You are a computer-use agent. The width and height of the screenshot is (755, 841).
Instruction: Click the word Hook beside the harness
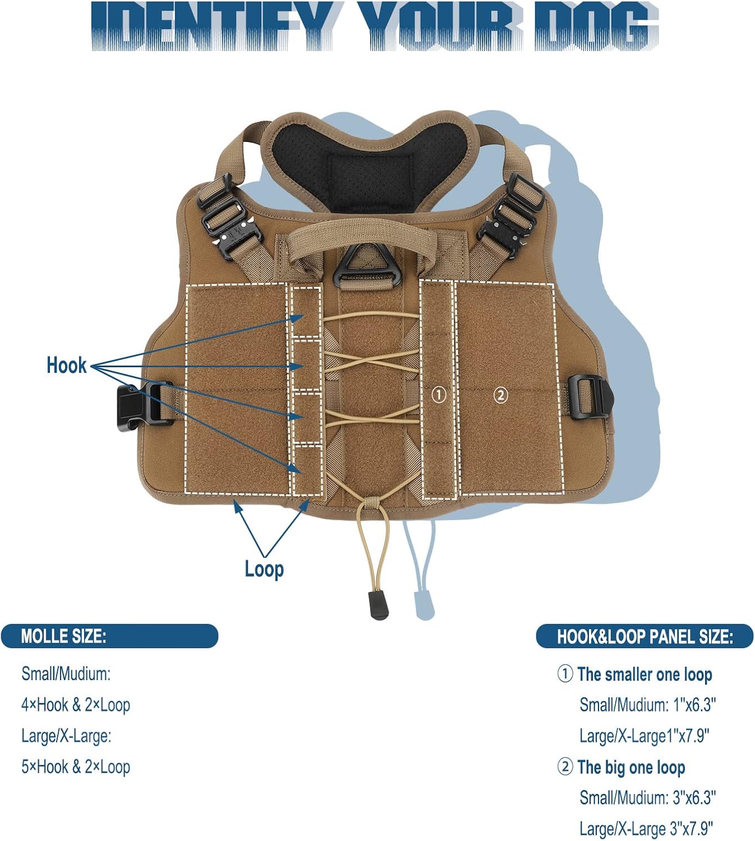click(66, 365)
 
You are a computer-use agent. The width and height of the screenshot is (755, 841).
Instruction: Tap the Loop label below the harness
click(264, 569)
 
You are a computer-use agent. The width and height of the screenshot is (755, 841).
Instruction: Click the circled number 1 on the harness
click(439, 395)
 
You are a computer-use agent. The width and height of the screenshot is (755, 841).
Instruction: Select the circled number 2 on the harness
click(500, 395)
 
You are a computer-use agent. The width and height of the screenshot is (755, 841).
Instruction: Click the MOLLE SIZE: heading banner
click(109, 636)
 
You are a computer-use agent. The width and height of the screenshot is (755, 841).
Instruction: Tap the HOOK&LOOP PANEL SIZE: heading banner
click(644, 636)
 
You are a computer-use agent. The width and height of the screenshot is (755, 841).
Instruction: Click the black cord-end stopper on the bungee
click(380, 606)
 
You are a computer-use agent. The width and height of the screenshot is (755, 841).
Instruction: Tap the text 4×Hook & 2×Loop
click(76, 705)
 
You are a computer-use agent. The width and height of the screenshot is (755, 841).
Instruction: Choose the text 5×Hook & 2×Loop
click(76, 766)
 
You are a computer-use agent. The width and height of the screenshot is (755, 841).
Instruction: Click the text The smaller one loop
click(644, 674)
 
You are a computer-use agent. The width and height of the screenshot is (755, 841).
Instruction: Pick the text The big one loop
click(630, 767)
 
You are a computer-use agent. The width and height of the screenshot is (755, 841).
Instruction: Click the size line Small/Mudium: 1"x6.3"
click(647, 705)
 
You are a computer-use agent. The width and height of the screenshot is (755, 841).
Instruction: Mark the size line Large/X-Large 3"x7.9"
click(646, 828)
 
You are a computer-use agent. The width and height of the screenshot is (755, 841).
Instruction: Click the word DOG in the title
click(596, 26)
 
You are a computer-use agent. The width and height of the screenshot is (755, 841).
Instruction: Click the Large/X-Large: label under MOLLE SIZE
click(66, 736)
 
